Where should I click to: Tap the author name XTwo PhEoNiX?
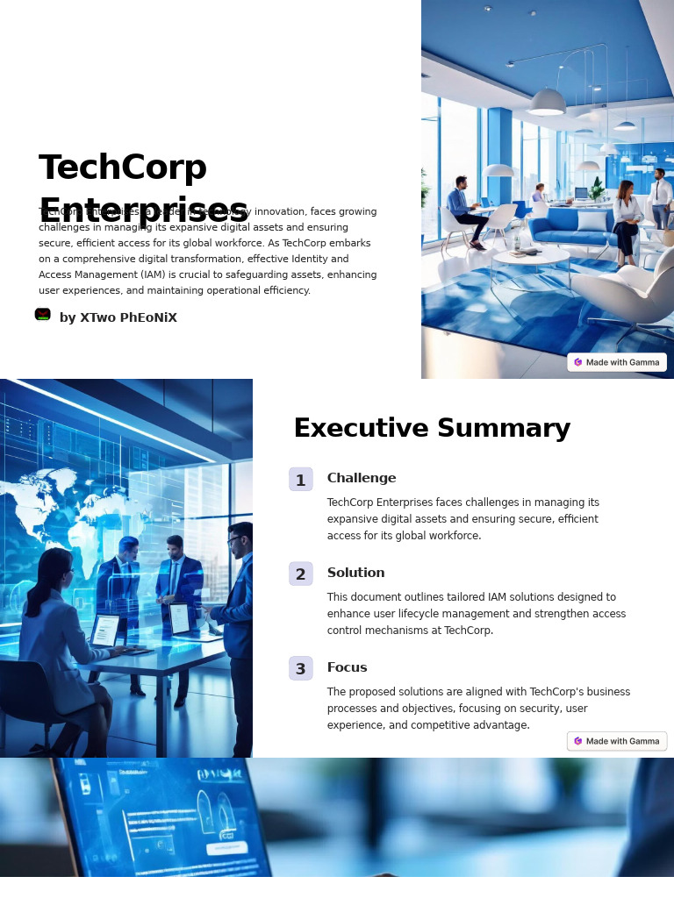118,317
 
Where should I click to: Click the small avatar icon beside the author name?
42,314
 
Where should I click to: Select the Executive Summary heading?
432,428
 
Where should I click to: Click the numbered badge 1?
300,480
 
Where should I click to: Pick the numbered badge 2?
300,574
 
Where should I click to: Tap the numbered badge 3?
300,669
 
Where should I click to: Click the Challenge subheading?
362,478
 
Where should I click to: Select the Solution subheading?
355,573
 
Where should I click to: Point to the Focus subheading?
347,667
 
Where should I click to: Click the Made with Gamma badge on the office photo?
617,362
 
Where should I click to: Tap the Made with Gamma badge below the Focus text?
617,741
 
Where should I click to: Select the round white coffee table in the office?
530,256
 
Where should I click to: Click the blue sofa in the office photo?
572,227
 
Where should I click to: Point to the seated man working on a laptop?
462,207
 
